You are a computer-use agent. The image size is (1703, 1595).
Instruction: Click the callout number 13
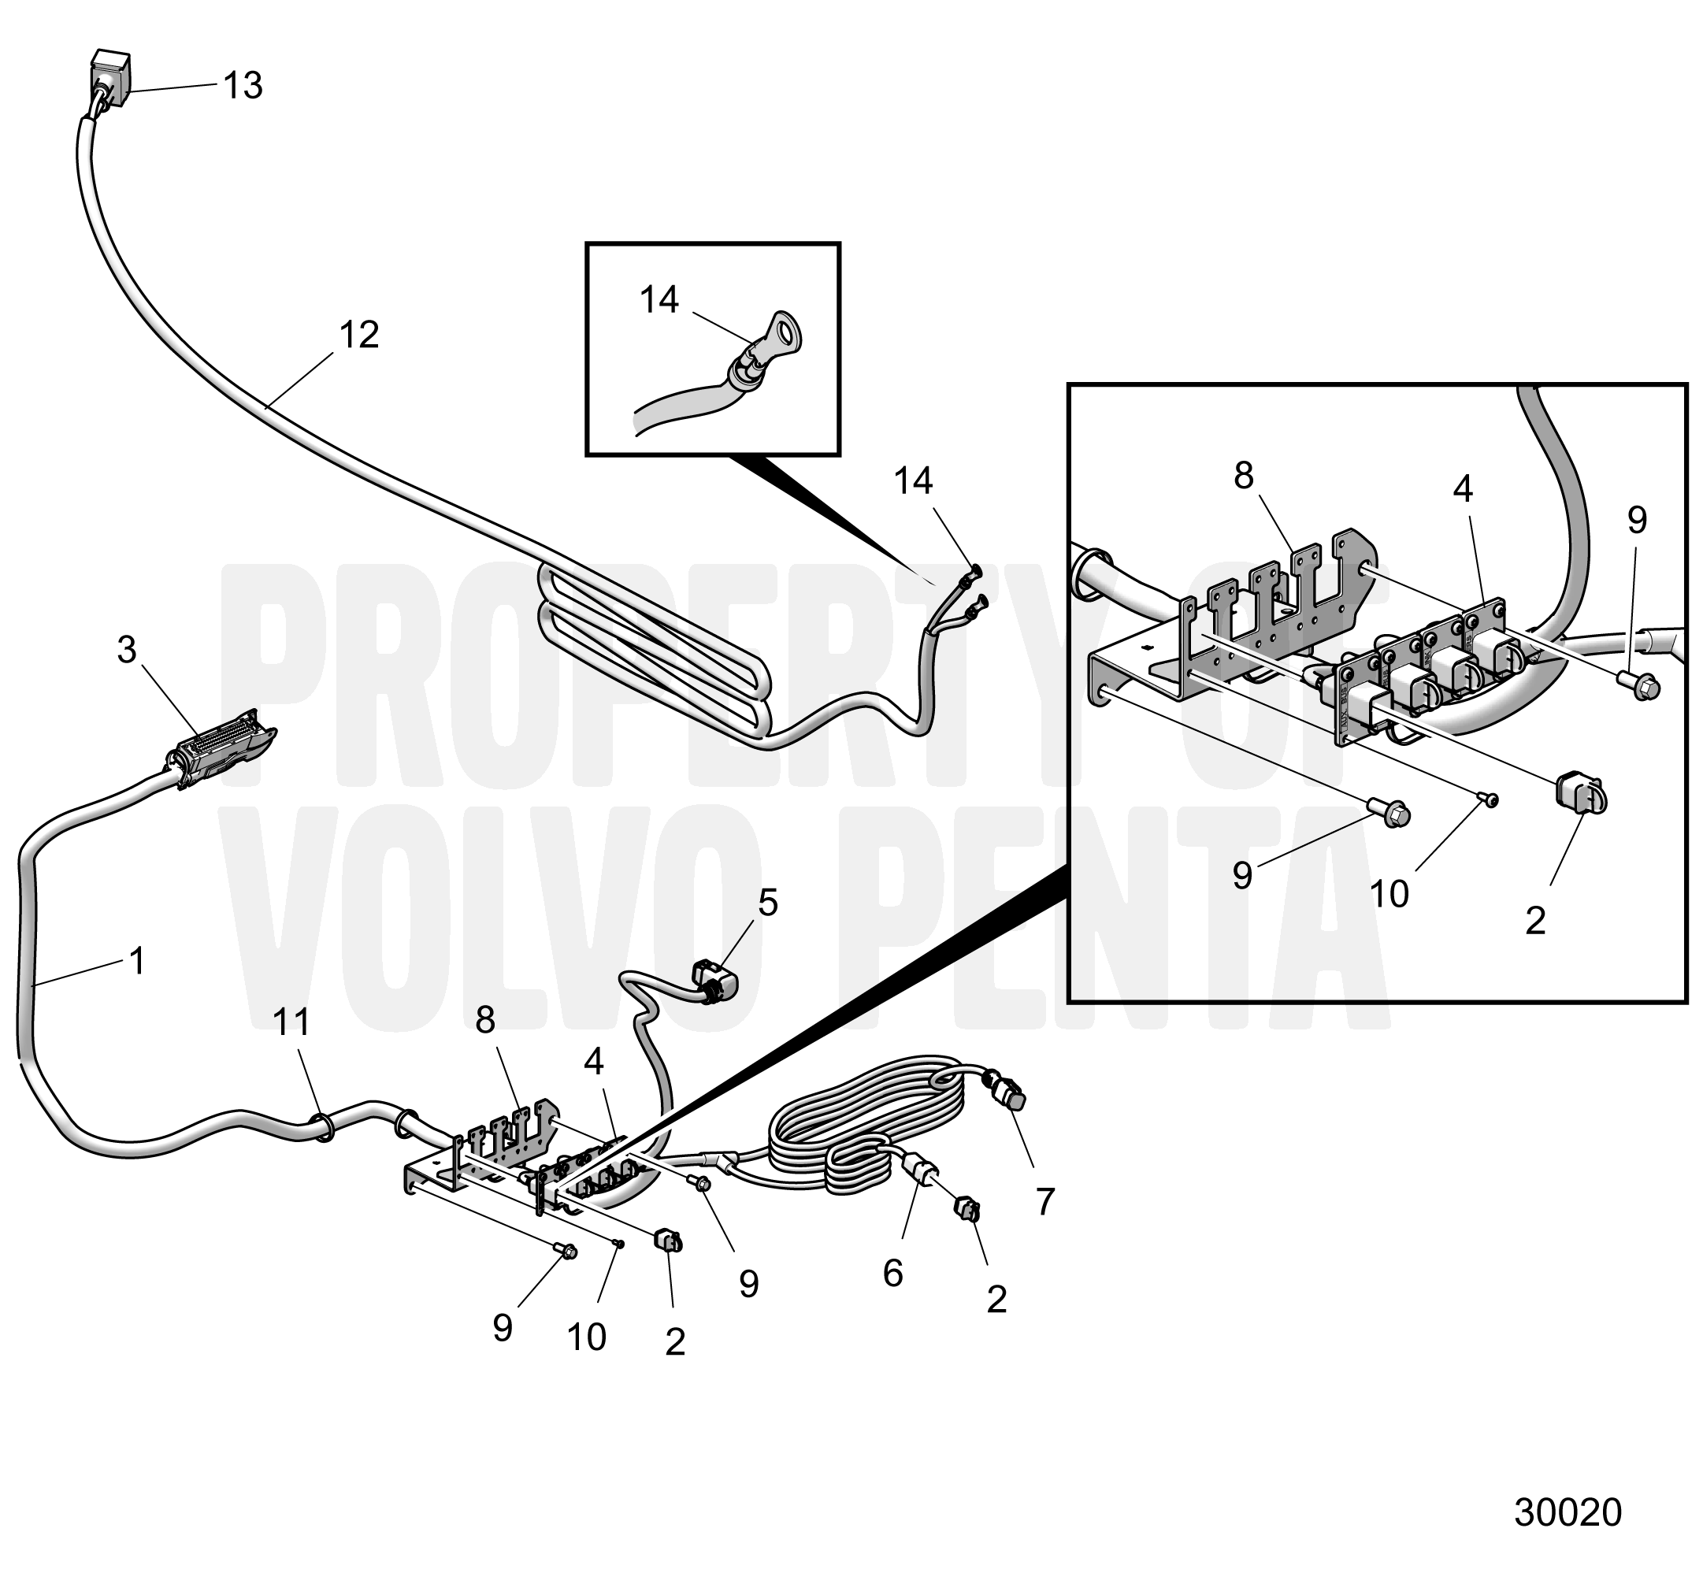click(x=243, y=86)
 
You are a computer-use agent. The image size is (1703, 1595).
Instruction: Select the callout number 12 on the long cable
click(x=358, y=335)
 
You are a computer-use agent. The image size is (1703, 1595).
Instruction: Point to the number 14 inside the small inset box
click(x=659, y=300)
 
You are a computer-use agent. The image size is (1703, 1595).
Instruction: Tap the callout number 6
click(x=892, y=1274)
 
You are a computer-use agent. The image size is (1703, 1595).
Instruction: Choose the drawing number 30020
click(x=1568, y=1513)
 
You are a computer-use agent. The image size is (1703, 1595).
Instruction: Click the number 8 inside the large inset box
click(x=1244, y=476)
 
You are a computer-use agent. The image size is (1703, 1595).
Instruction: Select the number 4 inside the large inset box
click(x=1462, y=489)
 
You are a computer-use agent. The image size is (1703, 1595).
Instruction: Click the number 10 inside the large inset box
click(x=1389, y=894)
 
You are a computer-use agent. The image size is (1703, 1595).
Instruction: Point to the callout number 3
click(x=127, y=650)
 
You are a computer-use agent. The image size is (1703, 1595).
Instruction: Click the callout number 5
click(x=767, y=903)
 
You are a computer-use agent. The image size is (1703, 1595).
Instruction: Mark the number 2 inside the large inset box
click(x=1535, y=921)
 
